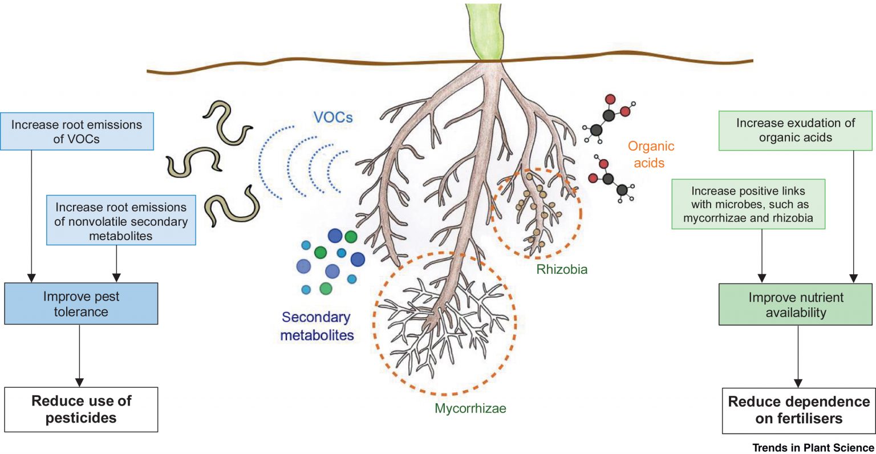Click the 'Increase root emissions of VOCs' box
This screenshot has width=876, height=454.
click(76, 131)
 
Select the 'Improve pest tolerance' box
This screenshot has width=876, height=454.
click(81, 304)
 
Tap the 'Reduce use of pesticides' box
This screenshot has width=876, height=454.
click(81, 410)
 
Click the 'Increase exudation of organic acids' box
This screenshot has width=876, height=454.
click(795, 130)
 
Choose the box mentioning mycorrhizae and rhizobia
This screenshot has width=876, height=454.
click(748, 204)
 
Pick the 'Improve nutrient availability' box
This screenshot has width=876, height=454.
click(796, 305)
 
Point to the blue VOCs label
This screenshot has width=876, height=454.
click(333, 117)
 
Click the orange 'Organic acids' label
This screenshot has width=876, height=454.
click(651, 155)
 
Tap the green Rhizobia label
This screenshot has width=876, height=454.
click(562, 269)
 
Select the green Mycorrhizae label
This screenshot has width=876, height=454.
click(470, 408)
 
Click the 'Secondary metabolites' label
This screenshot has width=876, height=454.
click(317, 326)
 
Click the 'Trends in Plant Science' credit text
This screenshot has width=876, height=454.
click(813, 448)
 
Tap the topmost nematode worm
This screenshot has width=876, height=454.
click(226, 123)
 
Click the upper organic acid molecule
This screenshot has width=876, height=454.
click(609, 116)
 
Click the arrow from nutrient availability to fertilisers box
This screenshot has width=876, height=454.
click(798, 356)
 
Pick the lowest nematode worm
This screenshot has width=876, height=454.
click(232, 205)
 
